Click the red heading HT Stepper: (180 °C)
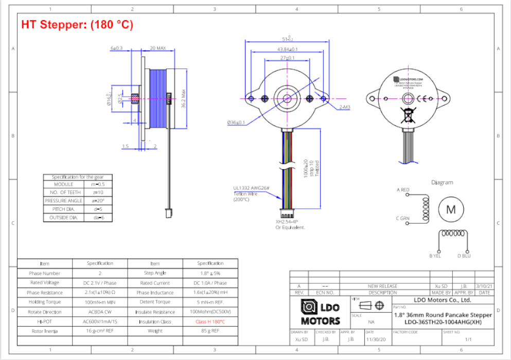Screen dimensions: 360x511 77,25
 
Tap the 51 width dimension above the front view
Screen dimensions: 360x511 288,39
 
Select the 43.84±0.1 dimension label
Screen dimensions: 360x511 288,49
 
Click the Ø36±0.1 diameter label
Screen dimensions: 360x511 236,122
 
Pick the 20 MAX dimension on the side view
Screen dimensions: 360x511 157,48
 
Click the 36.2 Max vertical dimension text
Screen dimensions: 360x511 183,98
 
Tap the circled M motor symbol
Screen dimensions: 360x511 450,209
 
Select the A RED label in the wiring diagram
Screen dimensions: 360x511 403,190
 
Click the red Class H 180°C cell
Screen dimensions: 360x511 210,321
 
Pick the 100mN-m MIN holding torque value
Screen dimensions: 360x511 100,302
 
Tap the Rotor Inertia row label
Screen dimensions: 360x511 44,331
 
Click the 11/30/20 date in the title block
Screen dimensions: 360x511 374,339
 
